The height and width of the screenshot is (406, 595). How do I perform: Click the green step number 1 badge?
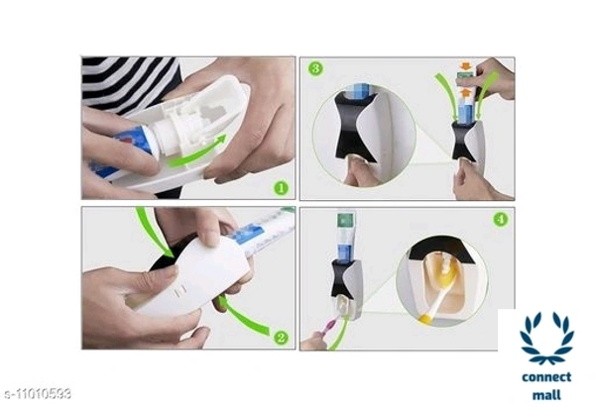(281, 187)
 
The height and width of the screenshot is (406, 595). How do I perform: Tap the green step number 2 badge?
(281, 337)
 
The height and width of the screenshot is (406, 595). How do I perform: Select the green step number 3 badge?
(315, 68)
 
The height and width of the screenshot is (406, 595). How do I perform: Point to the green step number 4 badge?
(501, 220)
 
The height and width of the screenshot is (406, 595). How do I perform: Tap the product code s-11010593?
(36, 393)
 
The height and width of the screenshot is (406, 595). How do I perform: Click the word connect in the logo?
(546, 377)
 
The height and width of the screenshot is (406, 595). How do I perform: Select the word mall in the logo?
(546, 395)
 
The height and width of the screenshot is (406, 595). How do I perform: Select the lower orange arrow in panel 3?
(466, 93)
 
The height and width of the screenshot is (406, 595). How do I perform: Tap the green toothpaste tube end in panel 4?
(345, 222)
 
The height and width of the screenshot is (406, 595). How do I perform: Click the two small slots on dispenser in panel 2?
(180, 291)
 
